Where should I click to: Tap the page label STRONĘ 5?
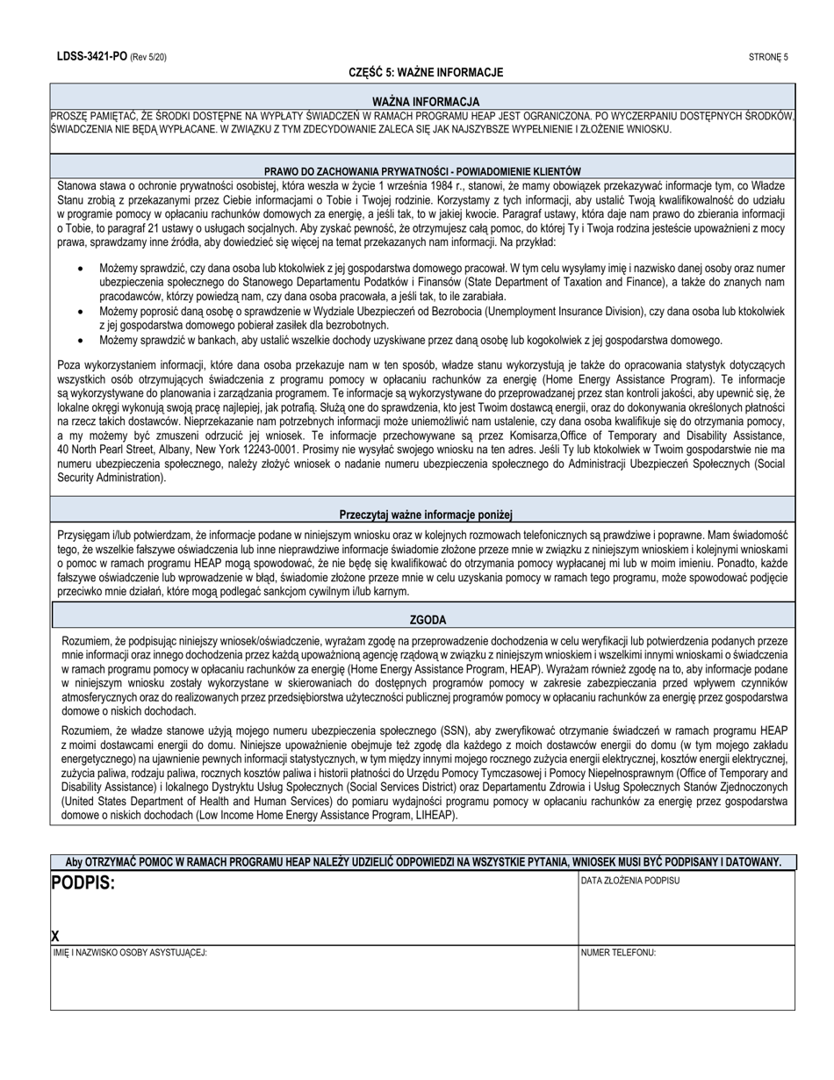[768, 57]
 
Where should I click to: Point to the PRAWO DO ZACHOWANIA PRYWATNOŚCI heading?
[422, 171]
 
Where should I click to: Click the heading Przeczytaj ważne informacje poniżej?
[426, 515]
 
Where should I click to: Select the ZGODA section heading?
[428, 620]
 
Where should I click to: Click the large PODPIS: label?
[83, 882]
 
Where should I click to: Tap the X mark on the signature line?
[55, 936]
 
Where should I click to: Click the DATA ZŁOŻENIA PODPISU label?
[630, 880]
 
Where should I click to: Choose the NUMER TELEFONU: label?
[618, 953]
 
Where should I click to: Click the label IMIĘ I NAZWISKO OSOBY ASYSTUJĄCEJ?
[130, 953]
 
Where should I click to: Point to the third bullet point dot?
[81, 341]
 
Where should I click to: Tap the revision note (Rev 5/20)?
[148, 57]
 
